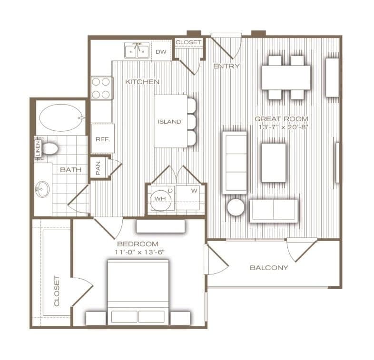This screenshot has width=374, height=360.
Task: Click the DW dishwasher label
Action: point(161,52)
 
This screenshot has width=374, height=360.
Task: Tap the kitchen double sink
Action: point(137,50)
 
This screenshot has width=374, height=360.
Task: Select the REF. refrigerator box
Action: point(103,138)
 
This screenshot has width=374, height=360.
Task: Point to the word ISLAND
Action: point(169,122)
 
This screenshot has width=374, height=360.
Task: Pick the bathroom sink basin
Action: point(42,190)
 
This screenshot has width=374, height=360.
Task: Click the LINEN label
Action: point(38,148)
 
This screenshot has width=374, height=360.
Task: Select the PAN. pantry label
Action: point(98,167)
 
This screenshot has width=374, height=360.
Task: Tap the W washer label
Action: point(194,191)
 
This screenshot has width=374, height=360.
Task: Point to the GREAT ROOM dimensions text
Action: point(284,127)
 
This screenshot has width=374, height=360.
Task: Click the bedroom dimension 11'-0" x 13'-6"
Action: point(140,252)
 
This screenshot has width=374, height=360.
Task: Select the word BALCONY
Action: point(269,268)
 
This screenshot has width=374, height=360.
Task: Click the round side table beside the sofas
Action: point(236,207)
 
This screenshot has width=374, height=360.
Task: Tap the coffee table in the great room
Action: point(274,163)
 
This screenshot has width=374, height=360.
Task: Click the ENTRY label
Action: point(226,66)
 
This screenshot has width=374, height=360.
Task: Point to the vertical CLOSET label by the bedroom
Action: point(57,291)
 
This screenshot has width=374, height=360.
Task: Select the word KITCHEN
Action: point(142,82)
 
